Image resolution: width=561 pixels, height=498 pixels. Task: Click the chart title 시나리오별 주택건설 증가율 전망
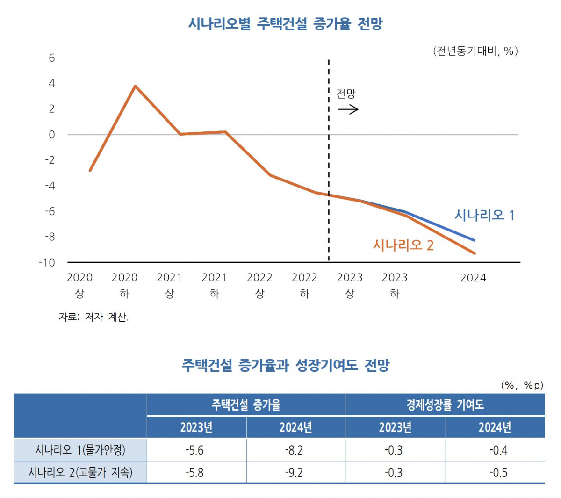click(285, 24)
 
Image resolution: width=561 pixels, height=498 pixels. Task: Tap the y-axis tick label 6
click(51, 58)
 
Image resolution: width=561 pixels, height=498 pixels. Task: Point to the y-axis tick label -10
click(47, 262)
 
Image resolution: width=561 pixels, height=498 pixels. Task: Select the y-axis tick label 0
click(51, 135)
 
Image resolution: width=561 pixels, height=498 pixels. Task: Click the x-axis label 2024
click(473, 278)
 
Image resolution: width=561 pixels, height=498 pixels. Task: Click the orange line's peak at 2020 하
click(135, 86)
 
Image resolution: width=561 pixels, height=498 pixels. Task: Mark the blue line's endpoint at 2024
click(475, 240)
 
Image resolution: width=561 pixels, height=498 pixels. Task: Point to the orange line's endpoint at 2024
click(475, 253)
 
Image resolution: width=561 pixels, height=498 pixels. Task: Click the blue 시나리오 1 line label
click(484, 215)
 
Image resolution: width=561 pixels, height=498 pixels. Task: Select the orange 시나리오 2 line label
click(403, 245)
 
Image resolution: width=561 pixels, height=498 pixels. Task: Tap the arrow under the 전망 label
click(348, 109)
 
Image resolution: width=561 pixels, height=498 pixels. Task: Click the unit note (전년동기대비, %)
click(475, 51)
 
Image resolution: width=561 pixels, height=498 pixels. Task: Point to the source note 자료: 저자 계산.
click(93, 317)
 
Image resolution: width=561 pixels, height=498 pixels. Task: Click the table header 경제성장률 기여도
click(445, 404)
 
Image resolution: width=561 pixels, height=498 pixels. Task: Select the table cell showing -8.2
click(296, 450)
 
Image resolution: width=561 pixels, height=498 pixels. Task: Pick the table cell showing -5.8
click(196, 473)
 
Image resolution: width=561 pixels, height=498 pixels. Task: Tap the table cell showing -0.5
click(495, 473)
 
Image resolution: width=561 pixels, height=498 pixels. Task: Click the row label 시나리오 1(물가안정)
click(80, 450)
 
